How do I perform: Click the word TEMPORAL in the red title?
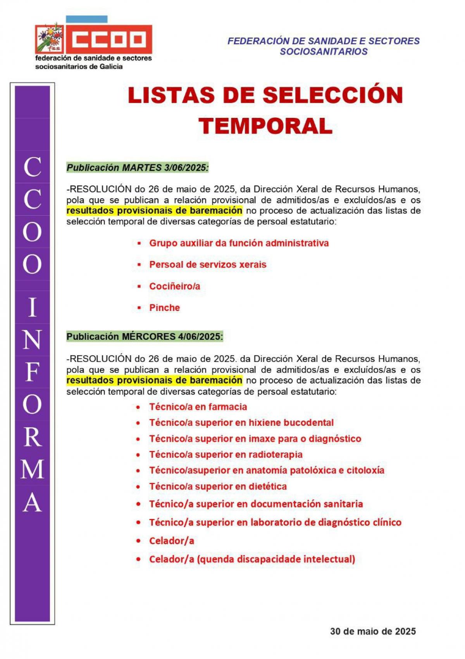[x=265, y=126]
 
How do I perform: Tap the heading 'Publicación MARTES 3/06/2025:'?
[x=138, y=168]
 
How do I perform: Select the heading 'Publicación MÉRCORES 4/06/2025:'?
[x=145, y=337]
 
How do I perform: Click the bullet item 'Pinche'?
[x=165, y=308]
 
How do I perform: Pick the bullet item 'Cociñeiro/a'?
[x=175, y=287]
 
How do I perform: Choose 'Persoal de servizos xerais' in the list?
[x=208, y=265]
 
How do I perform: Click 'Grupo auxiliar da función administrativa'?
[x=239, y=243]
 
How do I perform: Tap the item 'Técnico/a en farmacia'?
[x=198, y=407]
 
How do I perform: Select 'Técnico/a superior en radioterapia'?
[x=226, y=455]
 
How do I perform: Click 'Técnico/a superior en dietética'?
[x=218, y=486]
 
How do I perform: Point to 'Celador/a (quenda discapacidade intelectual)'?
[x=252, y=559]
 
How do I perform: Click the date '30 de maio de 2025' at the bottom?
[x=373, y=631]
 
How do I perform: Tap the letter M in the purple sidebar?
[x=33, y=469]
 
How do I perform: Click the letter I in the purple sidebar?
[x=33, y=308]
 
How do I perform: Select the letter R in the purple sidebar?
[x=33, y=437]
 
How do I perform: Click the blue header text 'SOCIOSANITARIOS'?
[x=324, y=52]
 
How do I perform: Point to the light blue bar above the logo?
[x=86, y=19]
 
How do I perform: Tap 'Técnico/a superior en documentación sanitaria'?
[x=256, y=504]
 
